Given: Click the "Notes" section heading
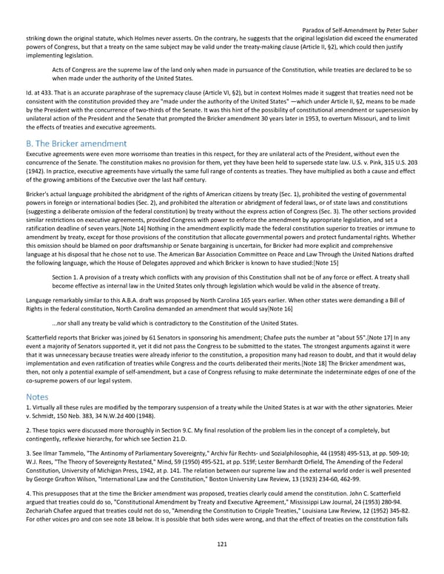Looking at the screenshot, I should [38, 396].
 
